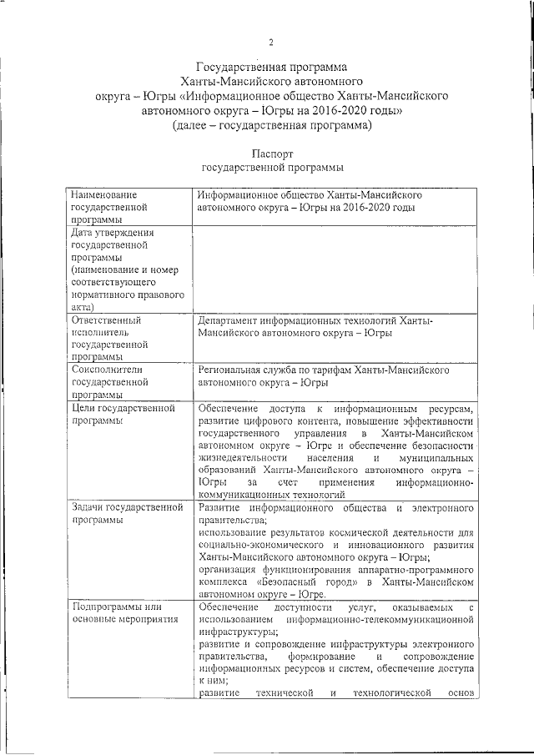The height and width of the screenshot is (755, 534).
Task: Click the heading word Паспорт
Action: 271,154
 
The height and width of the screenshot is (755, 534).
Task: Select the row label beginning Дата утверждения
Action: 111,233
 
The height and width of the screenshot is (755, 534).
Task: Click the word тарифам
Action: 339,369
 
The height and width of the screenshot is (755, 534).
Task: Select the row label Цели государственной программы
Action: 123,409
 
